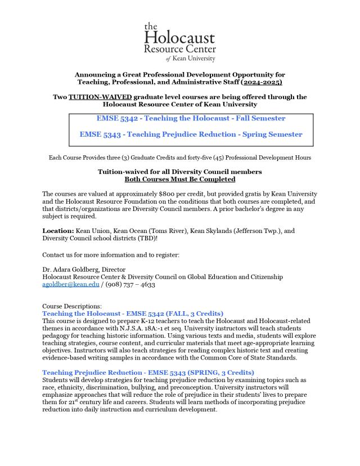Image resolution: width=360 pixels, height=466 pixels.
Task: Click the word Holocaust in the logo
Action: (179, 38)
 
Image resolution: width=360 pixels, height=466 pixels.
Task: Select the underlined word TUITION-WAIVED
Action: (96, 97)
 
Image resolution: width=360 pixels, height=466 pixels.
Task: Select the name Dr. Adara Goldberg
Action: (70, 270)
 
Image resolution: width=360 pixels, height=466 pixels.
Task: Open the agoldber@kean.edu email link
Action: (71, 284)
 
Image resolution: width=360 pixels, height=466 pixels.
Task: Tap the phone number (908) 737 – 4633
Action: (130, 284)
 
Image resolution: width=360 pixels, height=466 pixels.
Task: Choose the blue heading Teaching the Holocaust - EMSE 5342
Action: (133, 313)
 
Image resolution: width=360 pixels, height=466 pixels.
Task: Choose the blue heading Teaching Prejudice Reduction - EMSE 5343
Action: (148, 373)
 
